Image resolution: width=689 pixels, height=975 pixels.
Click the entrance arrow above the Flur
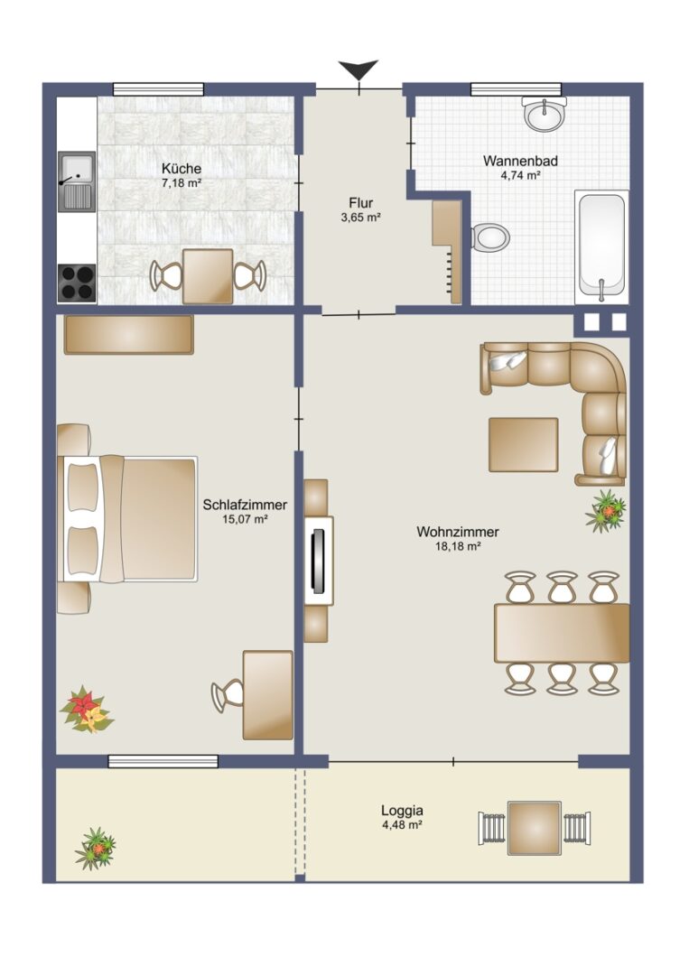click(x=358, y=69)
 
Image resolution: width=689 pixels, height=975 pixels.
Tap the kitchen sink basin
click(x=77, y=167)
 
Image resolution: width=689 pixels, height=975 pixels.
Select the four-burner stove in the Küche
click(x=77, y=283)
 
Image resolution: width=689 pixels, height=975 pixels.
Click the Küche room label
click(x=182, y=169)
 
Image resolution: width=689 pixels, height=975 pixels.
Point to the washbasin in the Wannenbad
click(x=545, y=113)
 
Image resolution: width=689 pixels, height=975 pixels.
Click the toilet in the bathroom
click(x=490, y=237)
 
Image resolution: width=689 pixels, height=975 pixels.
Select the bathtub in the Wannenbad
click(x=601, y=246)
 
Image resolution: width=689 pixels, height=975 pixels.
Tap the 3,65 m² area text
click(x=360, y=218)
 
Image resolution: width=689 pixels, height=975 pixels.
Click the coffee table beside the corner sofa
click(x=523, y=444)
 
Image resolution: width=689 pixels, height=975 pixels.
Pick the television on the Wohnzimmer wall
click(x=319, y=561)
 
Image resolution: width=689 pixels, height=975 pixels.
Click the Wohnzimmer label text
click(x=458, y=533)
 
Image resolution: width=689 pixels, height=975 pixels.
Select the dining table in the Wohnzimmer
click(x=562, y=633)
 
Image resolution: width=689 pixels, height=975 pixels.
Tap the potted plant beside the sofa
click(x=606, y=511)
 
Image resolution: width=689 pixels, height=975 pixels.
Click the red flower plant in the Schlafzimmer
click(x=87, y=710)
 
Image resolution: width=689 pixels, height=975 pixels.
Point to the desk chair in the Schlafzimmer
click(x=228, y=695)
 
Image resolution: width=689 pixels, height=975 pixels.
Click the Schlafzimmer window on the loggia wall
click(x=163, y=761)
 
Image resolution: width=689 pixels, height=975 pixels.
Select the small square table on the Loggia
click(x=535, y=828)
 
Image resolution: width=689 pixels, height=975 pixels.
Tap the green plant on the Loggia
click(x=96, y=848)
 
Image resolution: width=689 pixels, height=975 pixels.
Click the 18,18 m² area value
click(x=458, y=546)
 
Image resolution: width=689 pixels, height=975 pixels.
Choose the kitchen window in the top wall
click(x=159, y=89)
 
